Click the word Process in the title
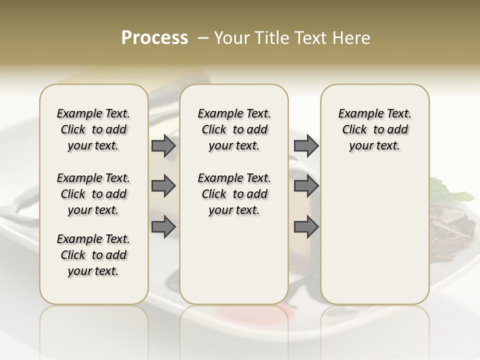154,38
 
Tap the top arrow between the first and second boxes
163,145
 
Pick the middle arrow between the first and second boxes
163,186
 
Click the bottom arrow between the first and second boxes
163,227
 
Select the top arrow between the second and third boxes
306,145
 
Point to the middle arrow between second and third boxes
306,186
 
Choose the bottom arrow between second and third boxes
306,227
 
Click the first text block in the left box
93,129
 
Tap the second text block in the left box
93,194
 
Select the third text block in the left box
93,255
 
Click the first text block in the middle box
234,129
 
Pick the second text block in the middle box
234,194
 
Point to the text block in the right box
375,129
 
